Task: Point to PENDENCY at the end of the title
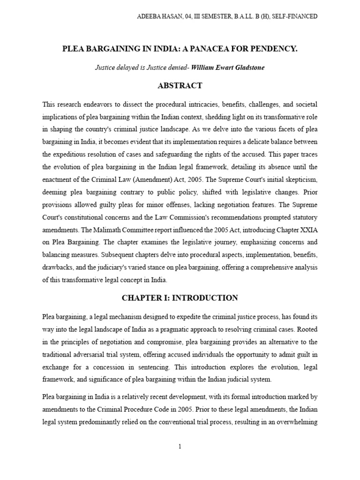point(276,49)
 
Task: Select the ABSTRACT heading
point(180,85)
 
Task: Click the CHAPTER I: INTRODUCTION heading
point(180,298)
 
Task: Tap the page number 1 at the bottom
point(180,446)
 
